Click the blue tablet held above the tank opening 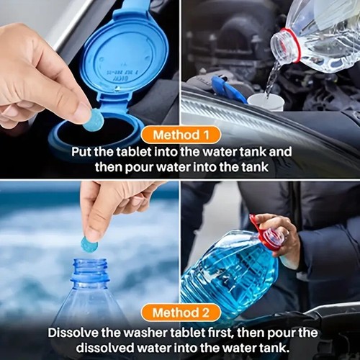(93, 120)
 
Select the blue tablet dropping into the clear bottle (89, 244)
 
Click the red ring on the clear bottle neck (286, 45)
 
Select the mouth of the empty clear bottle (90, 264)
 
